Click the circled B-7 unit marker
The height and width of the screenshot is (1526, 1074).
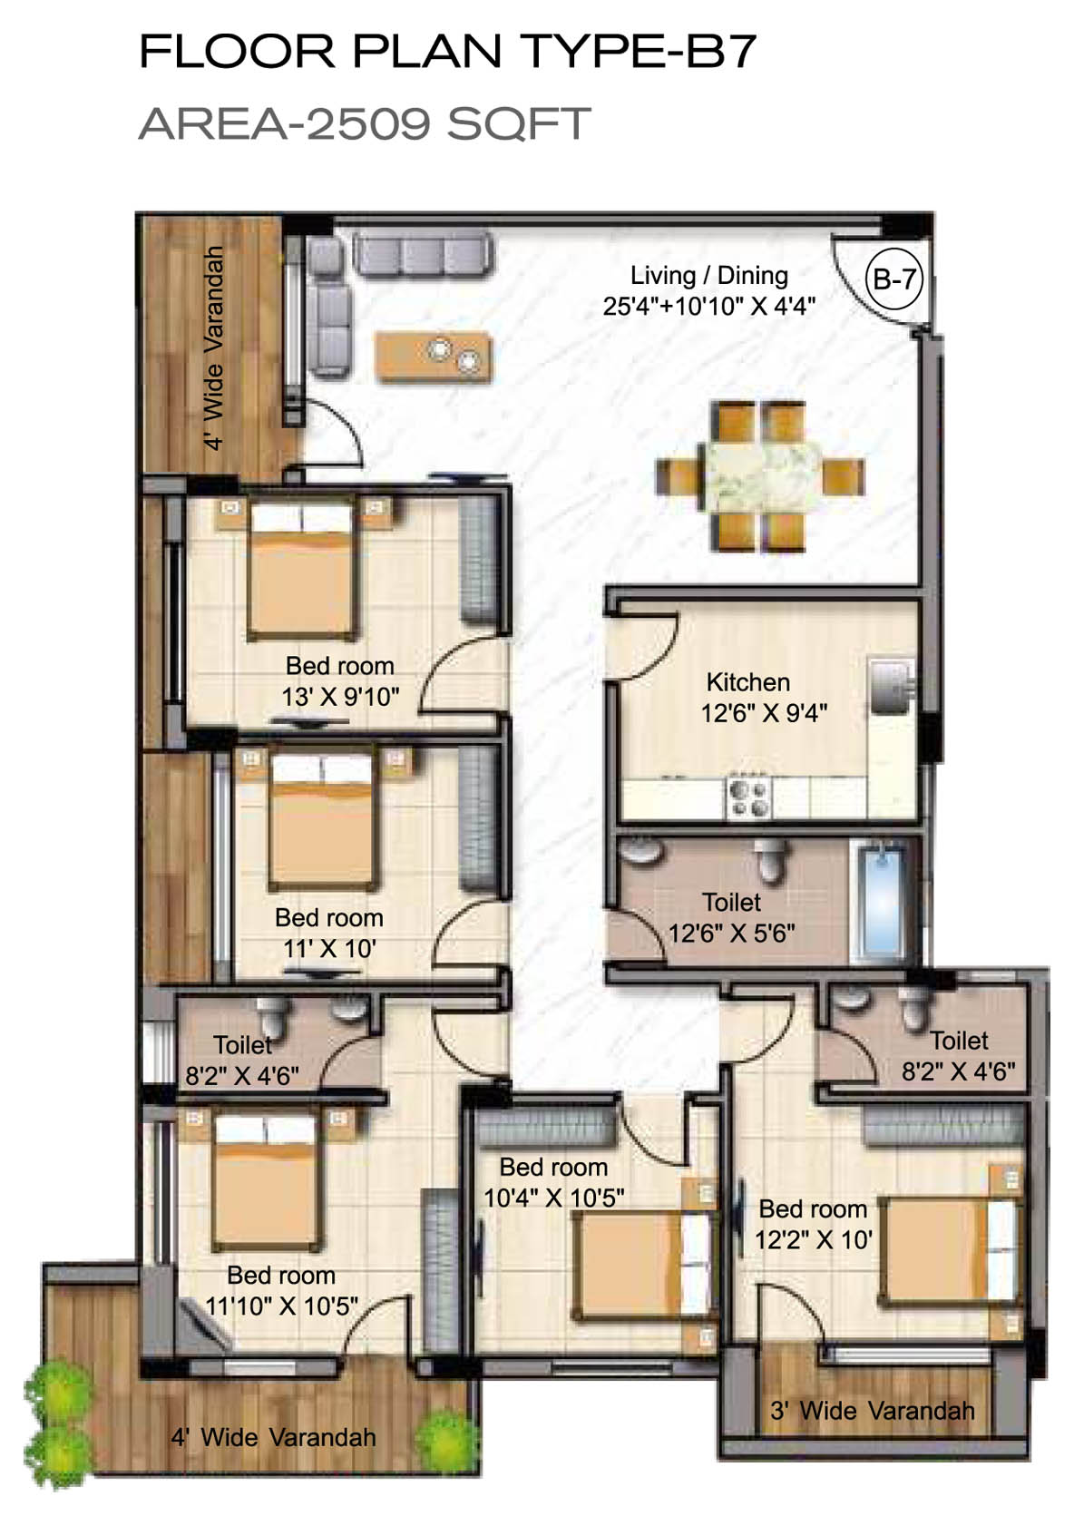coord(893,279)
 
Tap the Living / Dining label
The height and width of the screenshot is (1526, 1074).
coord(709,276)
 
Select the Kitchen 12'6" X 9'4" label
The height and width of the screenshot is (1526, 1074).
coord(764,698)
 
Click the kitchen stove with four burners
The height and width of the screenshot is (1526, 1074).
coord(747,798)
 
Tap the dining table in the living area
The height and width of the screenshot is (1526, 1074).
coord(761,474)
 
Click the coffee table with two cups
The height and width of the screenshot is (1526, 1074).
coord(434,357)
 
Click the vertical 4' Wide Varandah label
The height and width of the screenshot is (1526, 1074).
coord(214,347)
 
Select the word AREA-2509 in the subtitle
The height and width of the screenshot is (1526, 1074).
coord(285,123)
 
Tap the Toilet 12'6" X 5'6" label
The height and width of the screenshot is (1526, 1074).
coord(731,917)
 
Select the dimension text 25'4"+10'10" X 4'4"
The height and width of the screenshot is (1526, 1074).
coord(709,307)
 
